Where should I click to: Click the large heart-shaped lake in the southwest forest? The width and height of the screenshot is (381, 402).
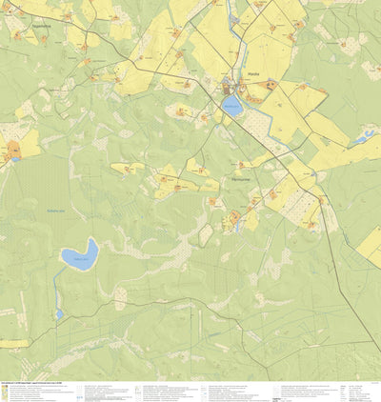coord(80,255)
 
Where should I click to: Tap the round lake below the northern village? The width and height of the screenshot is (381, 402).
coord(231,106)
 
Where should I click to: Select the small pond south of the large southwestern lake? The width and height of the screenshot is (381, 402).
coord(59,312)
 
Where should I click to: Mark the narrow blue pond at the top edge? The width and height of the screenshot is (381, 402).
coord(232,11)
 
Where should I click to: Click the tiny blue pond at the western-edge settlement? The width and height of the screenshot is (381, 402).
coord(16,159)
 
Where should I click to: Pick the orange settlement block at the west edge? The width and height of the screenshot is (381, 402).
coord(13,149)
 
